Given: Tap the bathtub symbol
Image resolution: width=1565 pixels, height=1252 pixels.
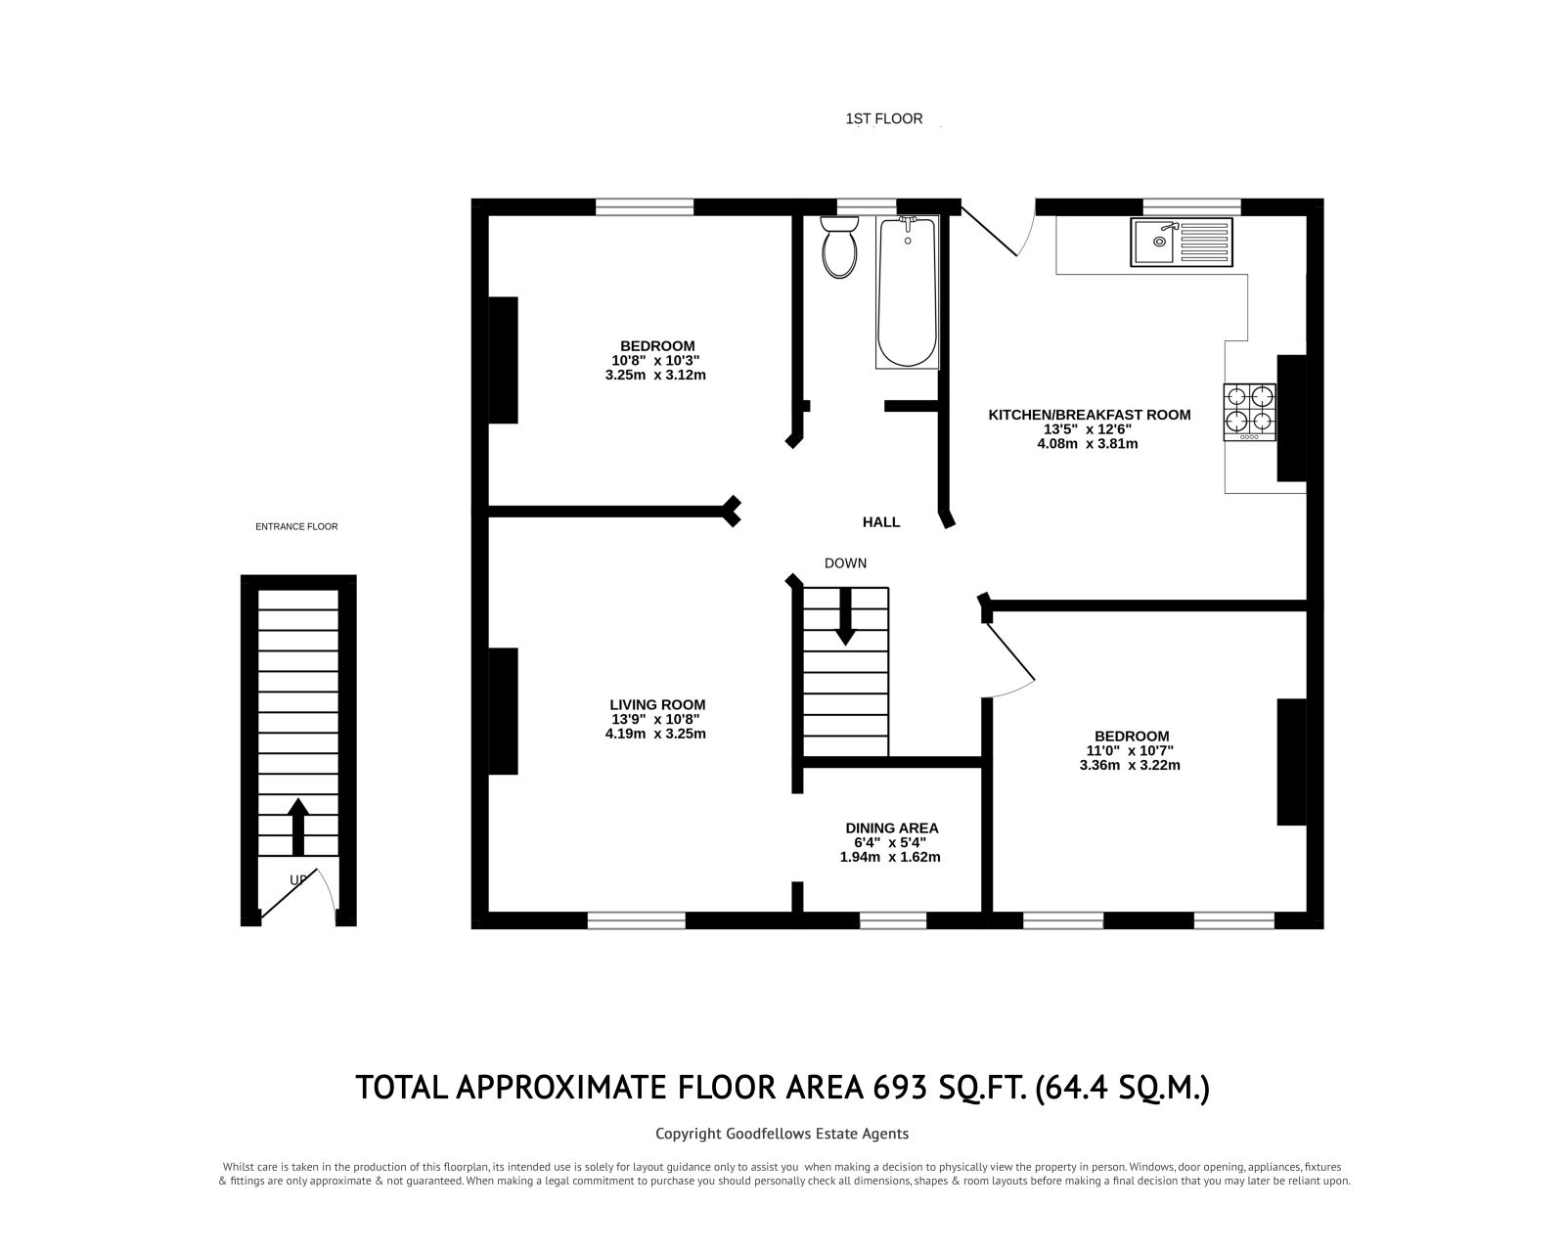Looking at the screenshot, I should click(908, 291).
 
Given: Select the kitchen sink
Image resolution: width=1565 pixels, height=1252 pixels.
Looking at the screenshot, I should click(1183, 242).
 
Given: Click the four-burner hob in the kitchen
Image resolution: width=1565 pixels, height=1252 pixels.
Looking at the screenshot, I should click(1249, 411).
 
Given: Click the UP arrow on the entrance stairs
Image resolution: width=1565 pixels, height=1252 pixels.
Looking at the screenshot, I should click(298, 827).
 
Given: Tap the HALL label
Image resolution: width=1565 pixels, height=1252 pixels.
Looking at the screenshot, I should click(880, 522).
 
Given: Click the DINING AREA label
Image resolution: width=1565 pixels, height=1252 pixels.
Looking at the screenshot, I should click(891, 827).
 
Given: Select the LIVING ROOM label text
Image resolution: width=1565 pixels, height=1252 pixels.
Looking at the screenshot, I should click(656, 704).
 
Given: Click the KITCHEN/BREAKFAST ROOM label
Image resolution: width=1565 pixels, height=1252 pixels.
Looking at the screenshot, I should click(1089, 415).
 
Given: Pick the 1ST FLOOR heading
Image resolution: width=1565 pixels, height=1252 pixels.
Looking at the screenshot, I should click(883, 119).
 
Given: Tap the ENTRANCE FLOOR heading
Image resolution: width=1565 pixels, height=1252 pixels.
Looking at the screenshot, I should click(296, 526).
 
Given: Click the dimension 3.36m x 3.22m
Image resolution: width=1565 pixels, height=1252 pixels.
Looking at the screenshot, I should click(1132, 765).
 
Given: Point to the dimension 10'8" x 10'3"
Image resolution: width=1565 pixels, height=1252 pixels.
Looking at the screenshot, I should click(655, 360).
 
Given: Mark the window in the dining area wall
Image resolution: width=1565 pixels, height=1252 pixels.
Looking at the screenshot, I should click(892, 919).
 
